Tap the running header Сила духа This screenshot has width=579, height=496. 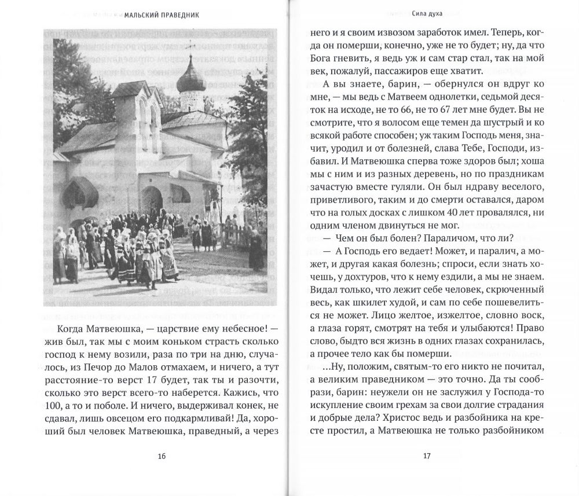(426, 16)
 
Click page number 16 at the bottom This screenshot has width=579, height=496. (162, 456)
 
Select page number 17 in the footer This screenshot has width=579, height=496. (426, 456)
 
